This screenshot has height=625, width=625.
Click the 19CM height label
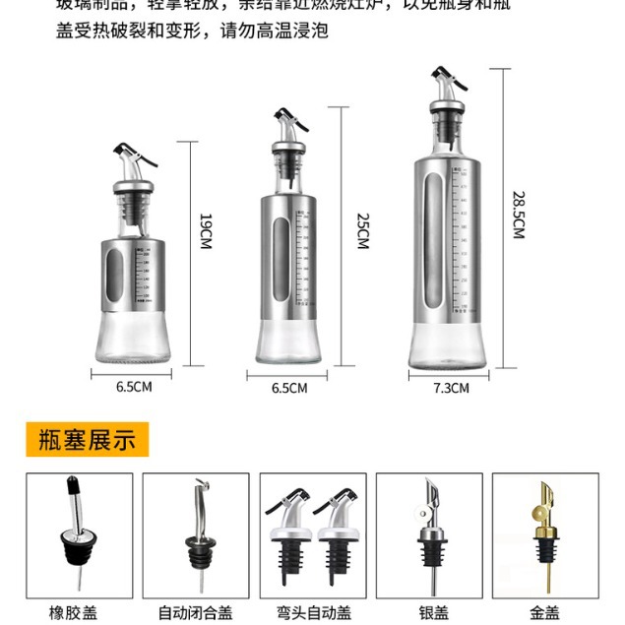206,231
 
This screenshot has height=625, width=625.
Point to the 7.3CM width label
451,388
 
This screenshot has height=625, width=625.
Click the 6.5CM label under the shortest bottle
134,387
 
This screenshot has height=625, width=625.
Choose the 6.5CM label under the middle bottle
289,388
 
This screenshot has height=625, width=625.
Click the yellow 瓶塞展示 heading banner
87,439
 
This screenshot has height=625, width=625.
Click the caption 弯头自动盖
312,612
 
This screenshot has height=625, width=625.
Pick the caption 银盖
429,612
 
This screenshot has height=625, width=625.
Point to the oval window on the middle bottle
281,250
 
